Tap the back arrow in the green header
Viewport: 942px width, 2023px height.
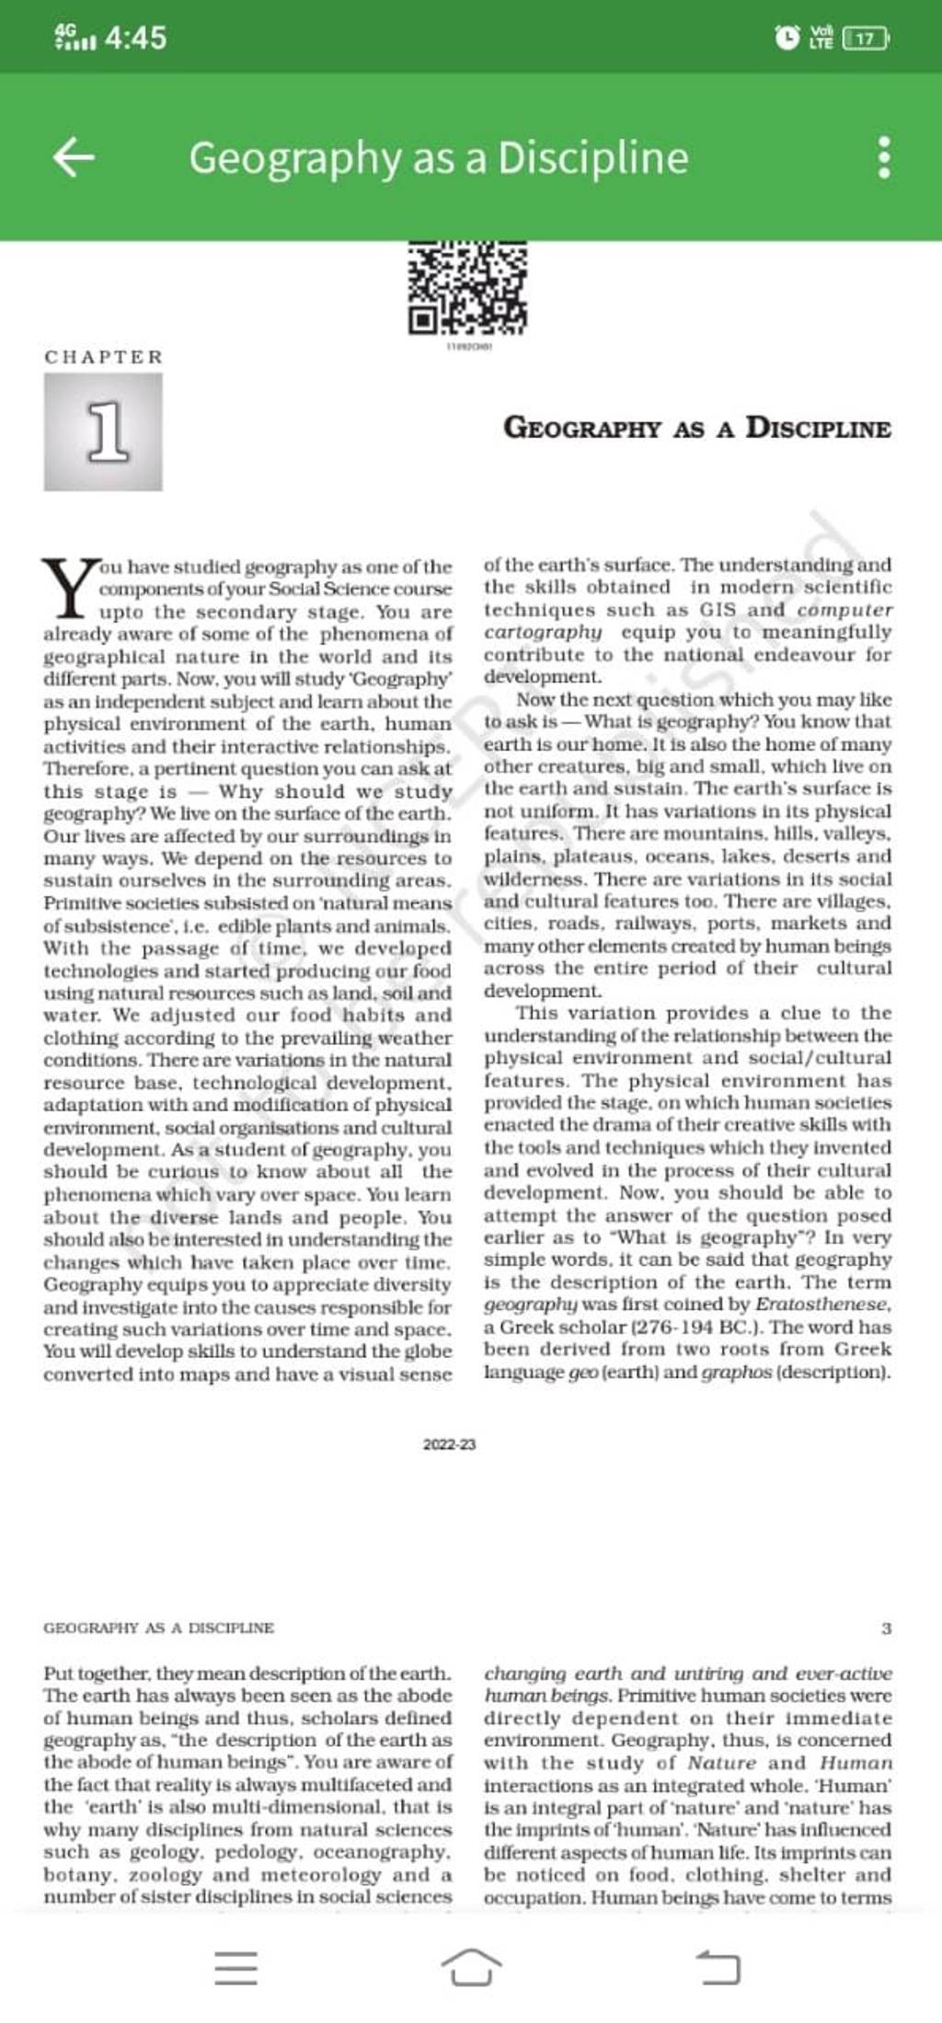coord(74,157)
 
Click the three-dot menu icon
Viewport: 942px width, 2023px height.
coord(883,157)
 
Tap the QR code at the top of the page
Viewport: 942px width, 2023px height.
coord(467,288)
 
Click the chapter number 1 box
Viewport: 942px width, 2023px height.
coord(103,431)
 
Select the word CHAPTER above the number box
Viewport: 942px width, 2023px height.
coord(103,357)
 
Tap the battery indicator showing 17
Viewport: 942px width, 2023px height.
coord(866,39)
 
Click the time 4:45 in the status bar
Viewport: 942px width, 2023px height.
coord(135,38)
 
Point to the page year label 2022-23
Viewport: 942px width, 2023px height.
coord(449,1445)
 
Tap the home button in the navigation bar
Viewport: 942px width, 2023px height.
coord(471,1968)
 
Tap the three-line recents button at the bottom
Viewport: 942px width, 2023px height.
coord(235,1968)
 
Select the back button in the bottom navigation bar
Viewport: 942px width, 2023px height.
coord(718,1968)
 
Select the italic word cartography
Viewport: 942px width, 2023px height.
coord(543,632)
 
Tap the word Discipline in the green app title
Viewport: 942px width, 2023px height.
coord(592,157)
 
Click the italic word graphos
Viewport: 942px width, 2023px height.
coord(736,1373)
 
